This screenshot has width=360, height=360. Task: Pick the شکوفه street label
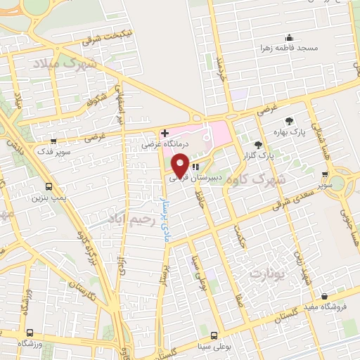pyautogui.click(x=99, y=99)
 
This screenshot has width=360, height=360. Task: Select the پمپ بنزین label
pyautogui.click(x=28, y=198)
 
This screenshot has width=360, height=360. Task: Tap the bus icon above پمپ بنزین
pyautogui.click(x=48, y=187)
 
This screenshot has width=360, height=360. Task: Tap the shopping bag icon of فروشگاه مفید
pyautogui.click(x=324, y=297)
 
